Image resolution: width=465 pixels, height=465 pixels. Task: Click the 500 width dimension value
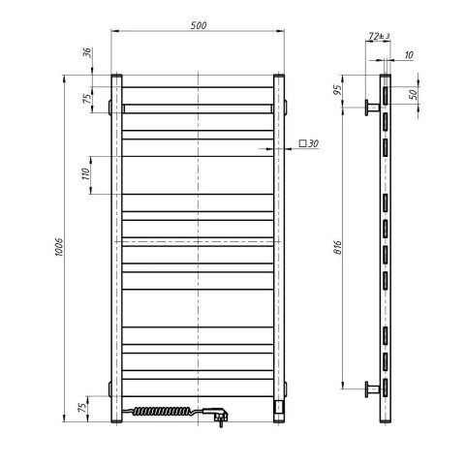(x=198, y=25)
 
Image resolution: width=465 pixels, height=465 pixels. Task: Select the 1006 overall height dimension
(x=59, y=247)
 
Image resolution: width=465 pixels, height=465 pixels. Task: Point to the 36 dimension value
(x=87, y=52)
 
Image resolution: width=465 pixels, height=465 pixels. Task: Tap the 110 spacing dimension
(x=85, y=174)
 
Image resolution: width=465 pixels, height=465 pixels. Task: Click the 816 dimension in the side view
(x=337, y=247)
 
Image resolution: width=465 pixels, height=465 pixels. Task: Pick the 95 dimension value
(x=337, y=90)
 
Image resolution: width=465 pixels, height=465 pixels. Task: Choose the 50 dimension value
(x=413, y=94)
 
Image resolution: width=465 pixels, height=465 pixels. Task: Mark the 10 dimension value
(x=409, y=55)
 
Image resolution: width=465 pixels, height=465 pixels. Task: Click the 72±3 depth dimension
(x=379, y=36)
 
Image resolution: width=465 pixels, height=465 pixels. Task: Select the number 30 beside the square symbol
(x=313, y=143)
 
